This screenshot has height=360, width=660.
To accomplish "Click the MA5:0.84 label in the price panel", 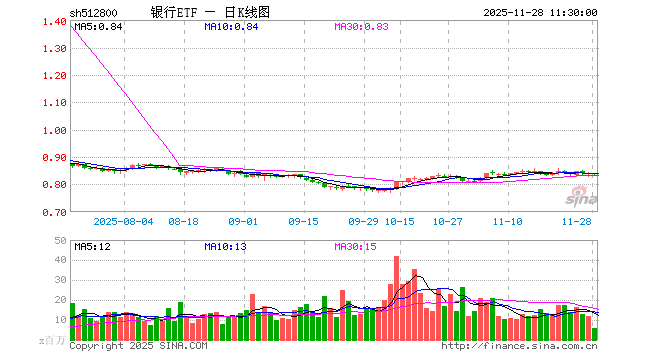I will (x=98, y=26).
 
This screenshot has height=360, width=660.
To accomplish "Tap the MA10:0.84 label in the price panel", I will (x=230, y=26).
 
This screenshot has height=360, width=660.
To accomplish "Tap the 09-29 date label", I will (x=364, y=222).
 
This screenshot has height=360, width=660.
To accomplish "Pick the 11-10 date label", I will (x=509, y=222).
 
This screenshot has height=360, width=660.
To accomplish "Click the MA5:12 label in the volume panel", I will (x=92, y=245).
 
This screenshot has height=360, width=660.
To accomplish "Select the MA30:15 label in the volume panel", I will (x=355, y=245).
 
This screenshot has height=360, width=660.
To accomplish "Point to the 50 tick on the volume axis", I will (x=59, y=241).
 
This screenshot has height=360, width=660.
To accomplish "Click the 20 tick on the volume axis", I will (x=59, y=300).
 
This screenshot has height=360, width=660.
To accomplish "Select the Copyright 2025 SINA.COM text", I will (x=138, y=346).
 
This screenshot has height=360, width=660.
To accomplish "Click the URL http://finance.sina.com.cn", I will (x=519, y=346).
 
